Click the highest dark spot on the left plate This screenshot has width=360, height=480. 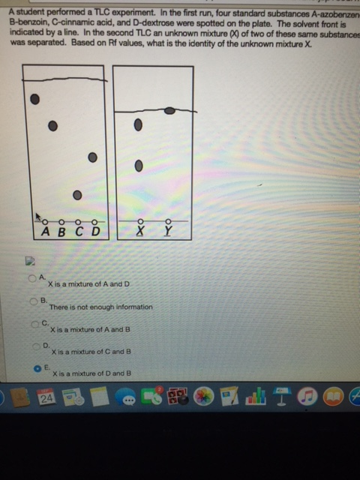(34, 98)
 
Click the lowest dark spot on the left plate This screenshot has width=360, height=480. (77, 195)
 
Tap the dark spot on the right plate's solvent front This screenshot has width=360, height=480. (170, 111)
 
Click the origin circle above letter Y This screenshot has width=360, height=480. (168, 221)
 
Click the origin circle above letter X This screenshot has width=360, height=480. (139, 221)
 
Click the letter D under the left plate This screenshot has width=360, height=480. (95, 232)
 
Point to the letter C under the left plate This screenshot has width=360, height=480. (79, 232)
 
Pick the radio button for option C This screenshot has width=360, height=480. (35, 323)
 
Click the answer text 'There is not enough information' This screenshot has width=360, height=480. (100, 307)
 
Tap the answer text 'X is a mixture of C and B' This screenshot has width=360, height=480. (91, 351)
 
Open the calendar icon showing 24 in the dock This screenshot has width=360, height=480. (46, 397)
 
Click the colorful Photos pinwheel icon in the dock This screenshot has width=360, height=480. (203, 397)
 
